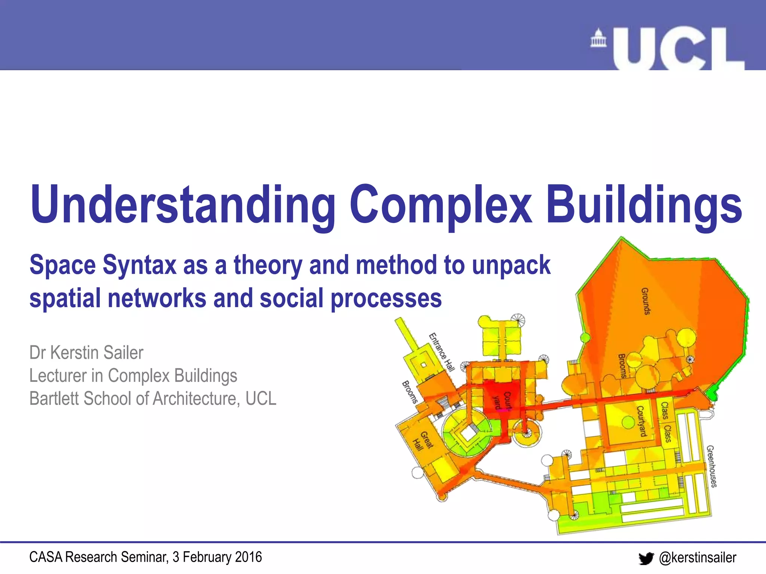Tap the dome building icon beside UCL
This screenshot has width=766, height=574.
pos(598,38)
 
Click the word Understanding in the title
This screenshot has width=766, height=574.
pos(183,205)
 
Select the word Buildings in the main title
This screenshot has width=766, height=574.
pos(644,205)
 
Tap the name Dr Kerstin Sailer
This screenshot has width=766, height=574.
pos(86,353)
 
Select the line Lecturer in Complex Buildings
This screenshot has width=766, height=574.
pos(133,376)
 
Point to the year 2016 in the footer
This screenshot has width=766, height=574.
pos(248,557)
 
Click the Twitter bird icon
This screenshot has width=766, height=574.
pos(646,558)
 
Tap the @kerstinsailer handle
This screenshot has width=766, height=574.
pos(698,558)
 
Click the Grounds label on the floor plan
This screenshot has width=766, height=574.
pos(646,301)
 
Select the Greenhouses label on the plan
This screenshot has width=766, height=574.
pos(712,466)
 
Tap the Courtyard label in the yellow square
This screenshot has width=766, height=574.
pos(642,421)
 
